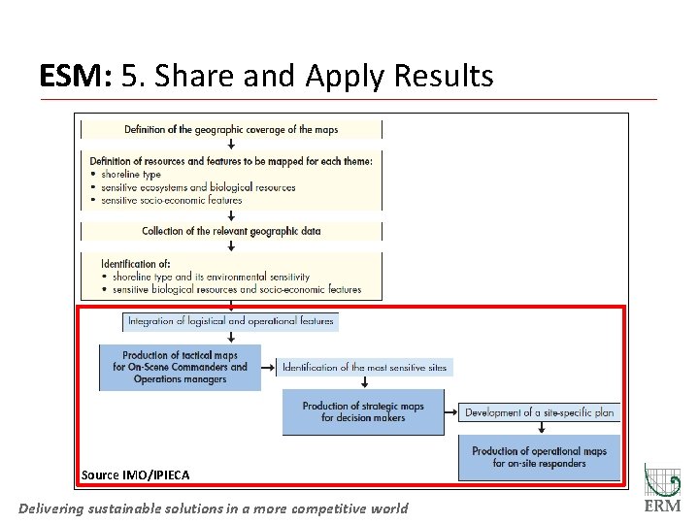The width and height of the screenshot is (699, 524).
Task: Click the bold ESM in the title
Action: (74, 76)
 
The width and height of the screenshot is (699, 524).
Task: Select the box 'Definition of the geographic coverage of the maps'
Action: (231, 129)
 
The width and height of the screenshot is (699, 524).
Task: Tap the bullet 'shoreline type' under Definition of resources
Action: (131, 175)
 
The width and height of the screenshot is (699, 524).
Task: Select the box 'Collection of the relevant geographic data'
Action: (231, 231)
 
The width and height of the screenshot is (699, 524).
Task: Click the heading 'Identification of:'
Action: (136, 264)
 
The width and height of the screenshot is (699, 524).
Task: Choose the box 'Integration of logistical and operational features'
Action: (231, 321)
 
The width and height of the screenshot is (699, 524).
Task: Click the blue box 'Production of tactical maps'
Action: (180, 368)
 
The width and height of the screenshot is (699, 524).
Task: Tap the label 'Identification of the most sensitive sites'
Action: (365, 368)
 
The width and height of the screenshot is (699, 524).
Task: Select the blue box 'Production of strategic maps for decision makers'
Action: (363, 412)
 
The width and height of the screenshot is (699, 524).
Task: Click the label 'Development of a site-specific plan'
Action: (539, 412)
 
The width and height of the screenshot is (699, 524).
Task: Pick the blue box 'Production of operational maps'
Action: (539, 457)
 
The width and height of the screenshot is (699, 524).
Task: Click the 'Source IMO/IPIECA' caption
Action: (135, 475)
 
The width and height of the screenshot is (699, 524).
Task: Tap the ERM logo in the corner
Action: (663, 490)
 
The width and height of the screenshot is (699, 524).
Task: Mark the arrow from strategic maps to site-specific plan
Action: (451, 413)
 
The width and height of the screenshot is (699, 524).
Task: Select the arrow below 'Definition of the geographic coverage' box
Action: (231, 144)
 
